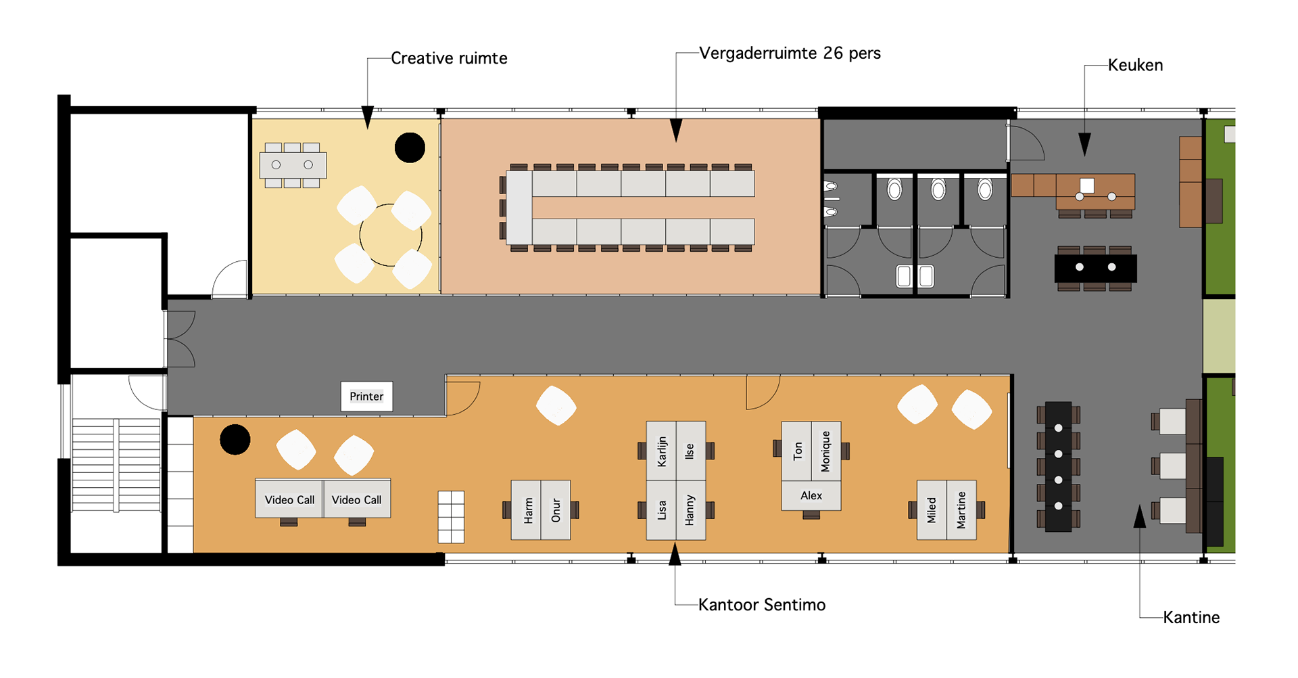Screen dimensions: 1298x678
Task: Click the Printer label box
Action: click(366, 397)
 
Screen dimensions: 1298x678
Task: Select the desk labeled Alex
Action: click(811, 496)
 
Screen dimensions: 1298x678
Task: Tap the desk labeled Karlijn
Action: click(661, 451)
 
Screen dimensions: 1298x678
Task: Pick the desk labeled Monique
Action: click(826, 451)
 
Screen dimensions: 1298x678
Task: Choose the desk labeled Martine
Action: click(961, 510)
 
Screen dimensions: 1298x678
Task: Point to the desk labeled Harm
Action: click(526, 510)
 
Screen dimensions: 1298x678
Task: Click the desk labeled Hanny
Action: click(691, 510)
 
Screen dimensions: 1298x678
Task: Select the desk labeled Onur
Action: click(556, 510)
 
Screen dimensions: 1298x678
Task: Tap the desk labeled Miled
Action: click(932, 510)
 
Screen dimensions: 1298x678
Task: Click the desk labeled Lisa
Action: click(661, 510)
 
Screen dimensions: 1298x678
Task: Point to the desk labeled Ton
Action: click(796, 451)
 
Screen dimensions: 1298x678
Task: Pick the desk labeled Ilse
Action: click(691, 451)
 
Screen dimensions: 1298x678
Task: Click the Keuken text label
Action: click(1135, 66)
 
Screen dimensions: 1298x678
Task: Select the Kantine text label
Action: click(1191, 618)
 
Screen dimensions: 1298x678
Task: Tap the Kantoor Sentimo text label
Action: click(761, 605)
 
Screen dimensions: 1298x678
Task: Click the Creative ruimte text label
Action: click(449, 59)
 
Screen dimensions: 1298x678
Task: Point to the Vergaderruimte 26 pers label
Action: click(790, 53)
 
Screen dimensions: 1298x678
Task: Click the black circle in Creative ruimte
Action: click(410, 148)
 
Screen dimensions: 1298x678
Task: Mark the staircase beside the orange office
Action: click(116, 465)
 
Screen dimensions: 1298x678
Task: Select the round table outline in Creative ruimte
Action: click(391, 235)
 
